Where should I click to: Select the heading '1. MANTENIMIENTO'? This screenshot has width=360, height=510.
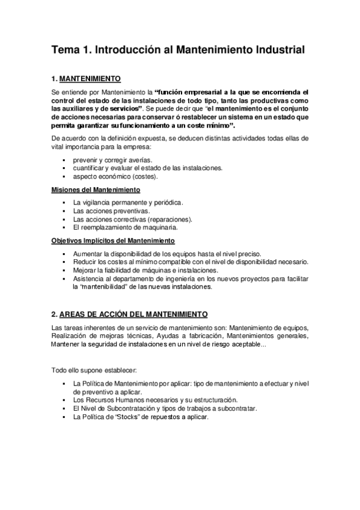(x=87, y=79)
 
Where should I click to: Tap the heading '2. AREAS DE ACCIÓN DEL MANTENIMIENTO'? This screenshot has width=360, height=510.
(x=130, y=315)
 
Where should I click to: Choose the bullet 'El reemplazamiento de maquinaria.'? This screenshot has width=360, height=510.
(x=124, y=228)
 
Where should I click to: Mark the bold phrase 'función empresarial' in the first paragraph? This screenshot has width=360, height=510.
(x=194, y=92)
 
